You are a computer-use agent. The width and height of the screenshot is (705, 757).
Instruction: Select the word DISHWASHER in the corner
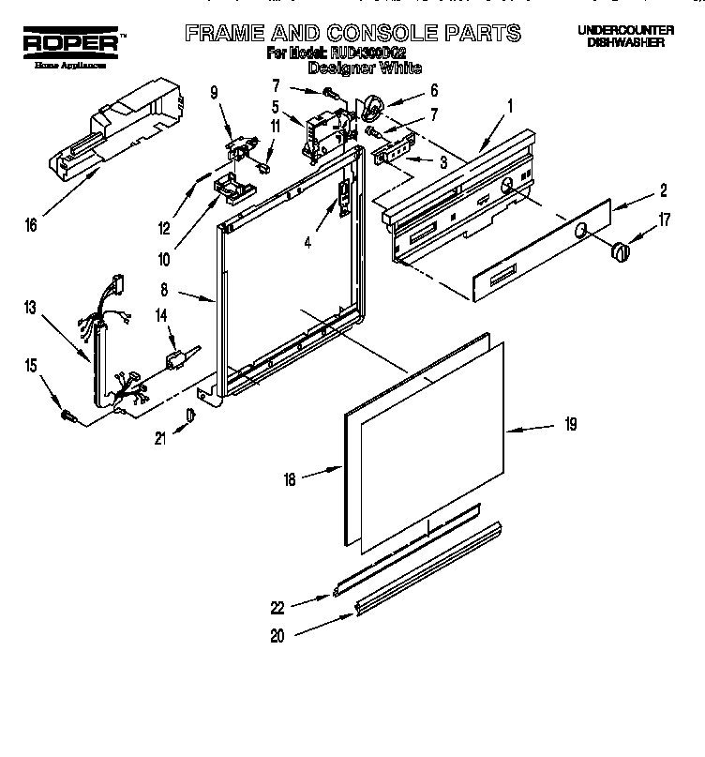coord(625,43)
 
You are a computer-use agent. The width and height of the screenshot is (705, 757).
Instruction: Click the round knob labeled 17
coord(620,250)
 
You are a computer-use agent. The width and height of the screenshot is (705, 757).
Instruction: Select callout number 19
coord(570,425)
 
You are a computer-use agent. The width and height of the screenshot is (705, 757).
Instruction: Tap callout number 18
coord(289,479)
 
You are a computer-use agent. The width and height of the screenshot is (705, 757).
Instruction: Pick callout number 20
coord(277,635)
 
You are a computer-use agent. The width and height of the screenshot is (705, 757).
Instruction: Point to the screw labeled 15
coord(67,414)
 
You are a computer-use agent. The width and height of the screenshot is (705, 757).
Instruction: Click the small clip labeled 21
coord(191,416)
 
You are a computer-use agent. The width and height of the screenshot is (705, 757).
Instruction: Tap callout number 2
coord(662,191)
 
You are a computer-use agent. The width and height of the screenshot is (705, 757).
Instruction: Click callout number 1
coord(509,105)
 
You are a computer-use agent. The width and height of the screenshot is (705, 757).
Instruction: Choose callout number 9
coord(214,92)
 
